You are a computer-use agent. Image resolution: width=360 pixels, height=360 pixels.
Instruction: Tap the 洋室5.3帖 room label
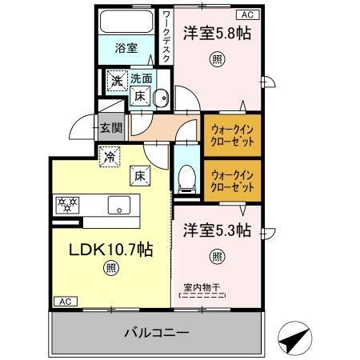click(214, 230)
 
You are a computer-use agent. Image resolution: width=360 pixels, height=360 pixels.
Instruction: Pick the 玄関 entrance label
click(110, 126)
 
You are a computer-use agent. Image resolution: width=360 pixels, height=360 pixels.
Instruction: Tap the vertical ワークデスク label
click(166, 36)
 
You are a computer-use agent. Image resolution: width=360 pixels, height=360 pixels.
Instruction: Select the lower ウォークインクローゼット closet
click(232, 179)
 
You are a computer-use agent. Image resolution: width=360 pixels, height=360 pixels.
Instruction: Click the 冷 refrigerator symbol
click(108, 157)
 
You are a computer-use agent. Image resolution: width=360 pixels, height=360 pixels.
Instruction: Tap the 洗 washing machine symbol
click(117, 80)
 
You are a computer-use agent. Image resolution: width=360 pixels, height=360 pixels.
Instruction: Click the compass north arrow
click(293, 339)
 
